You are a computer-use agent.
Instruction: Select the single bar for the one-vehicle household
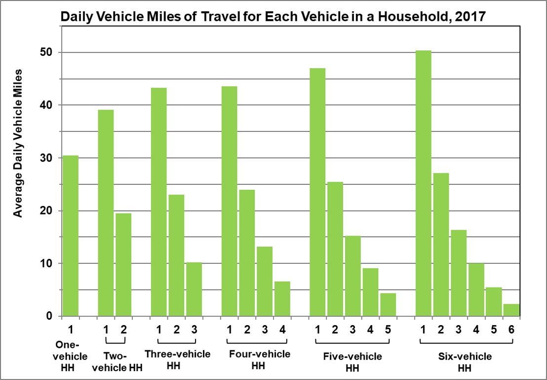pyautogui.click(x=70, y=236)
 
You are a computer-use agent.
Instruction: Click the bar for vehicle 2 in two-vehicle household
pyautogui.click(x=123, y=264)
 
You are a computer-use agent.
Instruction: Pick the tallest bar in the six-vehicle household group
pyautogui.click(x=423, y=183)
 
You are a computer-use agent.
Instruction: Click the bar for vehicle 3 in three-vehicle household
pyautogui.click(x=194, y=289)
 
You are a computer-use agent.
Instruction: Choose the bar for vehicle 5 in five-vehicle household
pyautogui.click(x=388, y=304)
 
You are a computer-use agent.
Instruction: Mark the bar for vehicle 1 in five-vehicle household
pyautogui.click(x=317, y=192)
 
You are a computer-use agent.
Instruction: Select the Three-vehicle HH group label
pyautogui.click(x=177, y=360)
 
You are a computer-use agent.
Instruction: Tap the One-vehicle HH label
pyautogui.click(x=70, y=356)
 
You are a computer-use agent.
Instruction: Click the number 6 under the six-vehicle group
pyautogui.click(x=511, y=328)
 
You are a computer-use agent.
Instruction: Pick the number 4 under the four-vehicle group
pyautogui.click(x=282, y=328)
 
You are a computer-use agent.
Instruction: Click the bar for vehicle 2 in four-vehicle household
pyautogui.click(x=246, y=253)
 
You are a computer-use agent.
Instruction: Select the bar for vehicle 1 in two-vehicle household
pyautogui.click(x=106, y=213)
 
